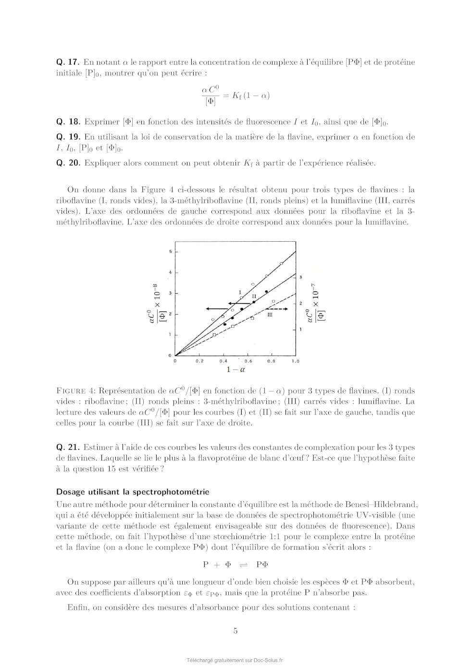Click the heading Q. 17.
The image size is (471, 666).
pos(67,62)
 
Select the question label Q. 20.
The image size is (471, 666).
pos(68,163)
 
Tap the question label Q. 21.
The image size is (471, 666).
pos(68,447)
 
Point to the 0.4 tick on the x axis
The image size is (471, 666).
pos(223,361)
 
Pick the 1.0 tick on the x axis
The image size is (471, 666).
pos(295,361)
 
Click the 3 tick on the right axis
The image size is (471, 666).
pos(301,278)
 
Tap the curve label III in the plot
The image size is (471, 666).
pos(270,314)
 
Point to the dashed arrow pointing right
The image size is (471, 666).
pos(277,309)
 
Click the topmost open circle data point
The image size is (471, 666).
pos(281,263)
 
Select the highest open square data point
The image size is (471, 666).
pos(273,301)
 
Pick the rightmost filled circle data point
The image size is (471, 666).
pos(266,292)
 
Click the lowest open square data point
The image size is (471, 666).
pos(214,334)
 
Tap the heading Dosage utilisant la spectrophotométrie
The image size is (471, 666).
pos(133,492)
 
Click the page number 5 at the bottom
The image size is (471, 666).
pos(235,631)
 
